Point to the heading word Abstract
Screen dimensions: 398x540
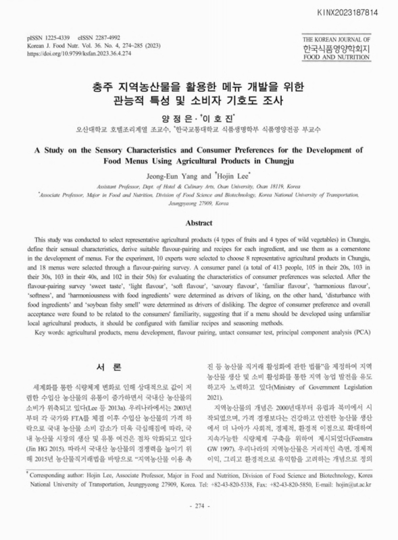coord(199,222)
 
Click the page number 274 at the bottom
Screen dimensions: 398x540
coord(199,524)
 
